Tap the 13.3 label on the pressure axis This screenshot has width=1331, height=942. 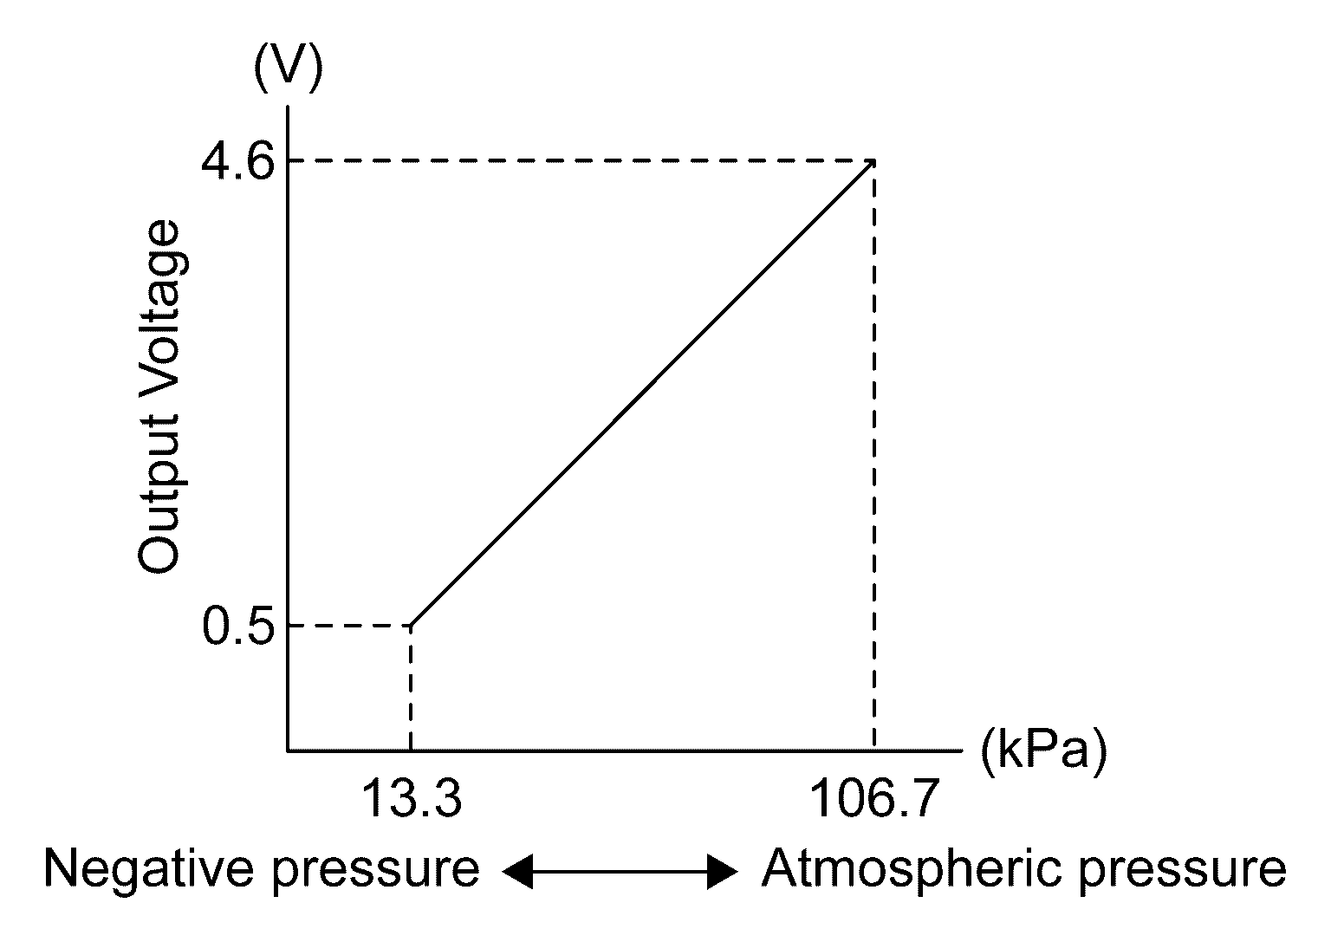(410, 798)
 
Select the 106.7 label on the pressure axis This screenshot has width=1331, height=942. (873, 798)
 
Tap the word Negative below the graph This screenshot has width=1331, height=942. (149, 869)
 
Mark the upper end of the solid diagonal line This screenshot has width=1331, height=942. (872, 163)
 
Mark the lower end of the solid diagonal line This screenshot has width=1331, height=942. (412, 624)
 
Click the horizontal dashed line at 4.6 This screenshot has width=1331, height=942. (581, 161)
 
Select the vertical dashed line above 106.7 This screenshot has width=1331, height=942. (873, 451)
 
